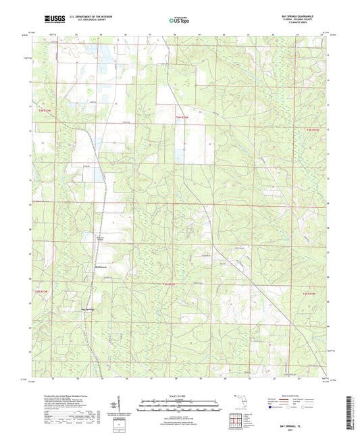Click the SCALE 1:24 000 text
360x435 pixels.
coord(180,395)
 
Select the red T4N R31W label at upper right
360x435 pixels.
coord(313,129)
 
